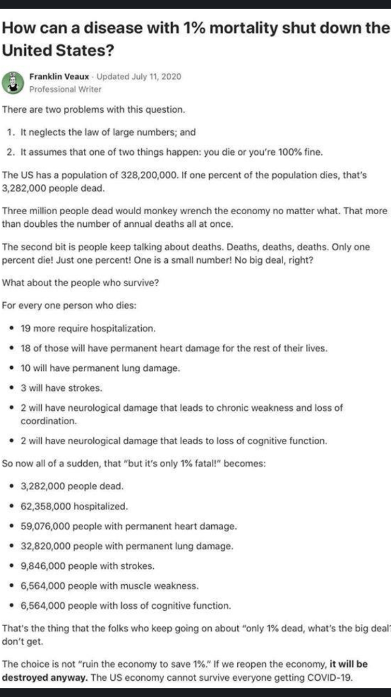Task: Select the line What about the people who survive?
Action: click(x=81, y=282)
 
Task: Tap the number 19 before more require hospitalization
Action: click(x=25, y=328)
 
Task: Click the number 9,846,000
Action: click(x=43, y=566)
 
